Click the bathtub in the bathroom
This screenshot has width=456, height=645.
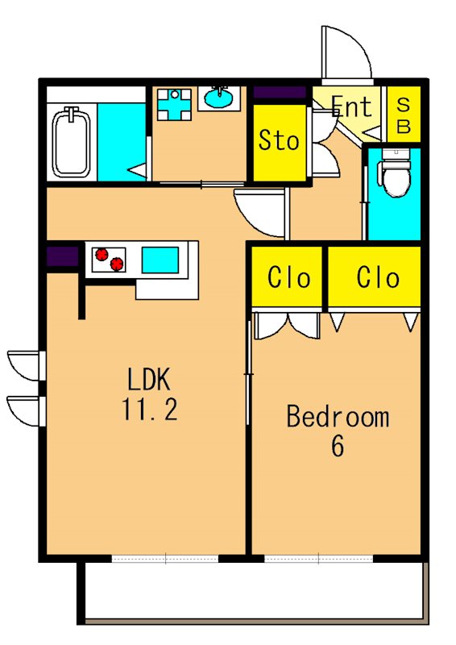pos(72,142)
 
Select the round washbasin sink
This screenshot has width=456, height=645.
pos(218,98)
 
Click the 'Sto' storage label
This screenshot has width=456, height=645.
pos(279,140)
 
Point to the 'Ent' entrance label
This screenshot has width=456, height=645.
pos(351,106)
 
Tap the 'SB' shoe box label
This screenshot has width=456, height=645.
pos(404,115)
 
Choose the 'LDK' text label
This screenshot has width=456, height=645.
pos(148,379)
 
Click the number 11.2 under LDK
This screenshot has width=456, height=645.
pos(149,410)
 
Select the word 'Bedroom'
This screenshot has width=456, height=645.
pos(338,416)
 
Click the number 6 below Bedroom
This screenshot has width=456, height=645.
pos(338,446)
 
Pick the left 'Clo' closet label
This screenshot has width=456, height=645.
pos(288,277)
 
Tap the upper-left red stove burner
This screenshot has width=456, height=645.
pos(102,254)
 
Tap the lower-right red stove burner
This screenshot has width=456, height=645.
pos(117,264)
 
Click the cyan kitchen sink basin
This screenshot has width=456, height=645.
pos(160,260)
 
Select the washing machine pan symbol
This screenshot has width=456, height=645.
pos(175,105)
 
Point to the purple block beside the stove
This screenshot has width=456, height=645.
pos(63,256)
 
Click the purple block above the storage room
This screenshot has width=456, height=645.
pos(280,93)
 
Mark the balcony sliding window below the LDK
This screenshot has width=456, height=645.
pos(165,559)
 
